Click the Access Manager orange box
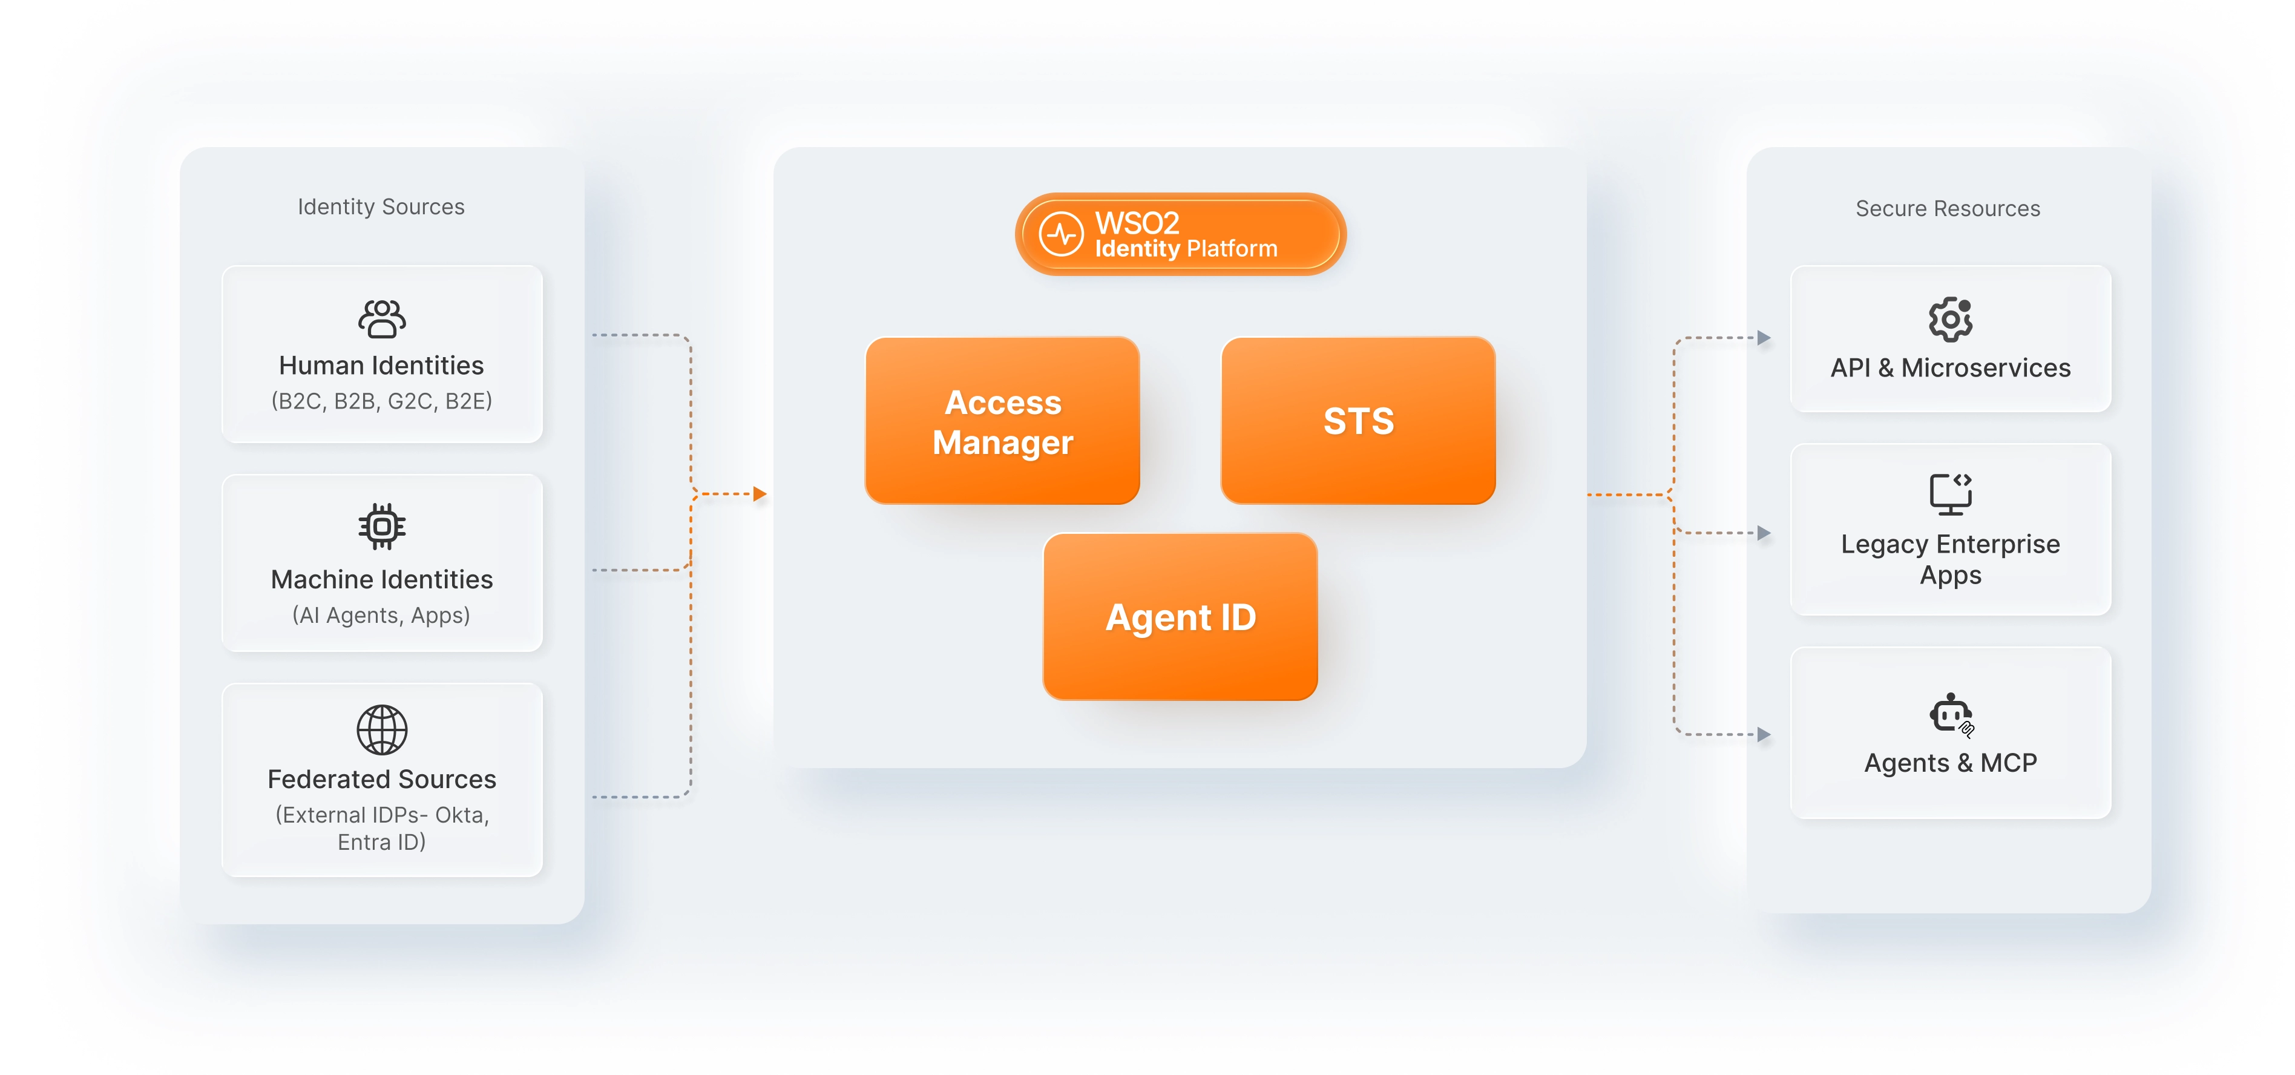[1002, 421]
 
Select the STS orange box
[1358, 421]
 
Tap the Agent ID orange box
[1180, 617]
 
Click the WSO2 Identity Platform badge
[1180, 234]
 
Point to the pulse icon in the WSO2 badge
[1061, 234]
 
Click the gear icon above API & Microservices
[1950, 319]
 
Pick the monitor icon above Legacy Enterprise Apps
[1950, 494]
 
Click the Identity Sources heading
[381, 207]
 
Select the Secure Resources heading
[1948, 209]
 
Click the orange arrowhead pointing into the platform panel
[760, 494]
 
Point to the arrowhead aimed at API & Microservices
[1764, 338]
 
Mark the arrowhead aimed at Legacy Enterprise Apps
[1764, 533]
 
